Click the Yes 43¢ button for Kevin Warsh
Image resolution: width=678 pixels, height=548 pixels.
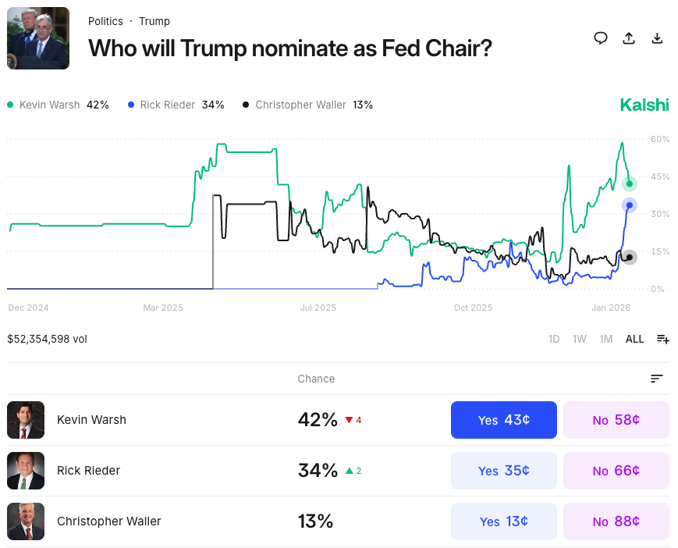503,420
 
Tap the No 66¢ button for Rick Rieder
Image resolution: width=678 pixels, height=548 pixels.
616,471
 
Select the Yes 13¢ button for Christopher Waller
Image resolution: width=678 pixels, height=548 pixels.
503,521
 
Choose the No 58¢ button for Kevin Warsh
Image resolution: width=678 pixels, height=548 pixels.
616,420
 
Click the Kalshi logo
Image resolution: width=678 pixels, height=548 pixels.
644,105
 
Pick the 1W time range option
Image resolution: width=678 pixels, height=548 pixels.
579,339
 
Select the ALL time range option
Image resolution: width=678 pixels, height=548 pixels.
635,339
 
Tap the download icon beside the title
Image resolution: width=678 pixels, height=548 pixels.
657,38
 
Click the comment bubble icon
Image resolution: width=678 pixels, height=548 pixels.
601,38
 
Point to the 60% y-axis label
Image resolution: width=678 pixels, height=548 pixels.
660,139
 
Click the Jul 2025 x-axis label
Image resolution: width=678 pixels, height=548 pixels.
318,308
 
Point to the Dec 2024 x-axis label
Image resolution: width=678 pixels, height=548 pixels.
29,308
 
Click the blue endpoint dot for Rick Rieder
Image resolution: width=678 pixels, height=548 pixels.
630,205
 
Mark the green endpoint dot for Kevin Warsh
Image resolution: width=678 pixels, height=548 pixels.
630,184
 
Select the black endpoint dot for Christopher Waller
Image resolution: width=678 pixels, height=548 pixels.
630,257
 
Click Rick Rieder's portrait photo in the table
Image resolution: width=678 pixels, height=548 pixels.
26,471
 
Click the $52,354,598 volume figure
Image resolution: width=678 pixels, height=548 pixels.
47,339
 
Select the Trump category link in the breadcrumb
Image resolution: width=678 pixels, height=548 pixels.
154,21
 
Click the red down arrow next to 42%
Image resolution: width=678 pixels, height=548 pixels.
349,420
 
